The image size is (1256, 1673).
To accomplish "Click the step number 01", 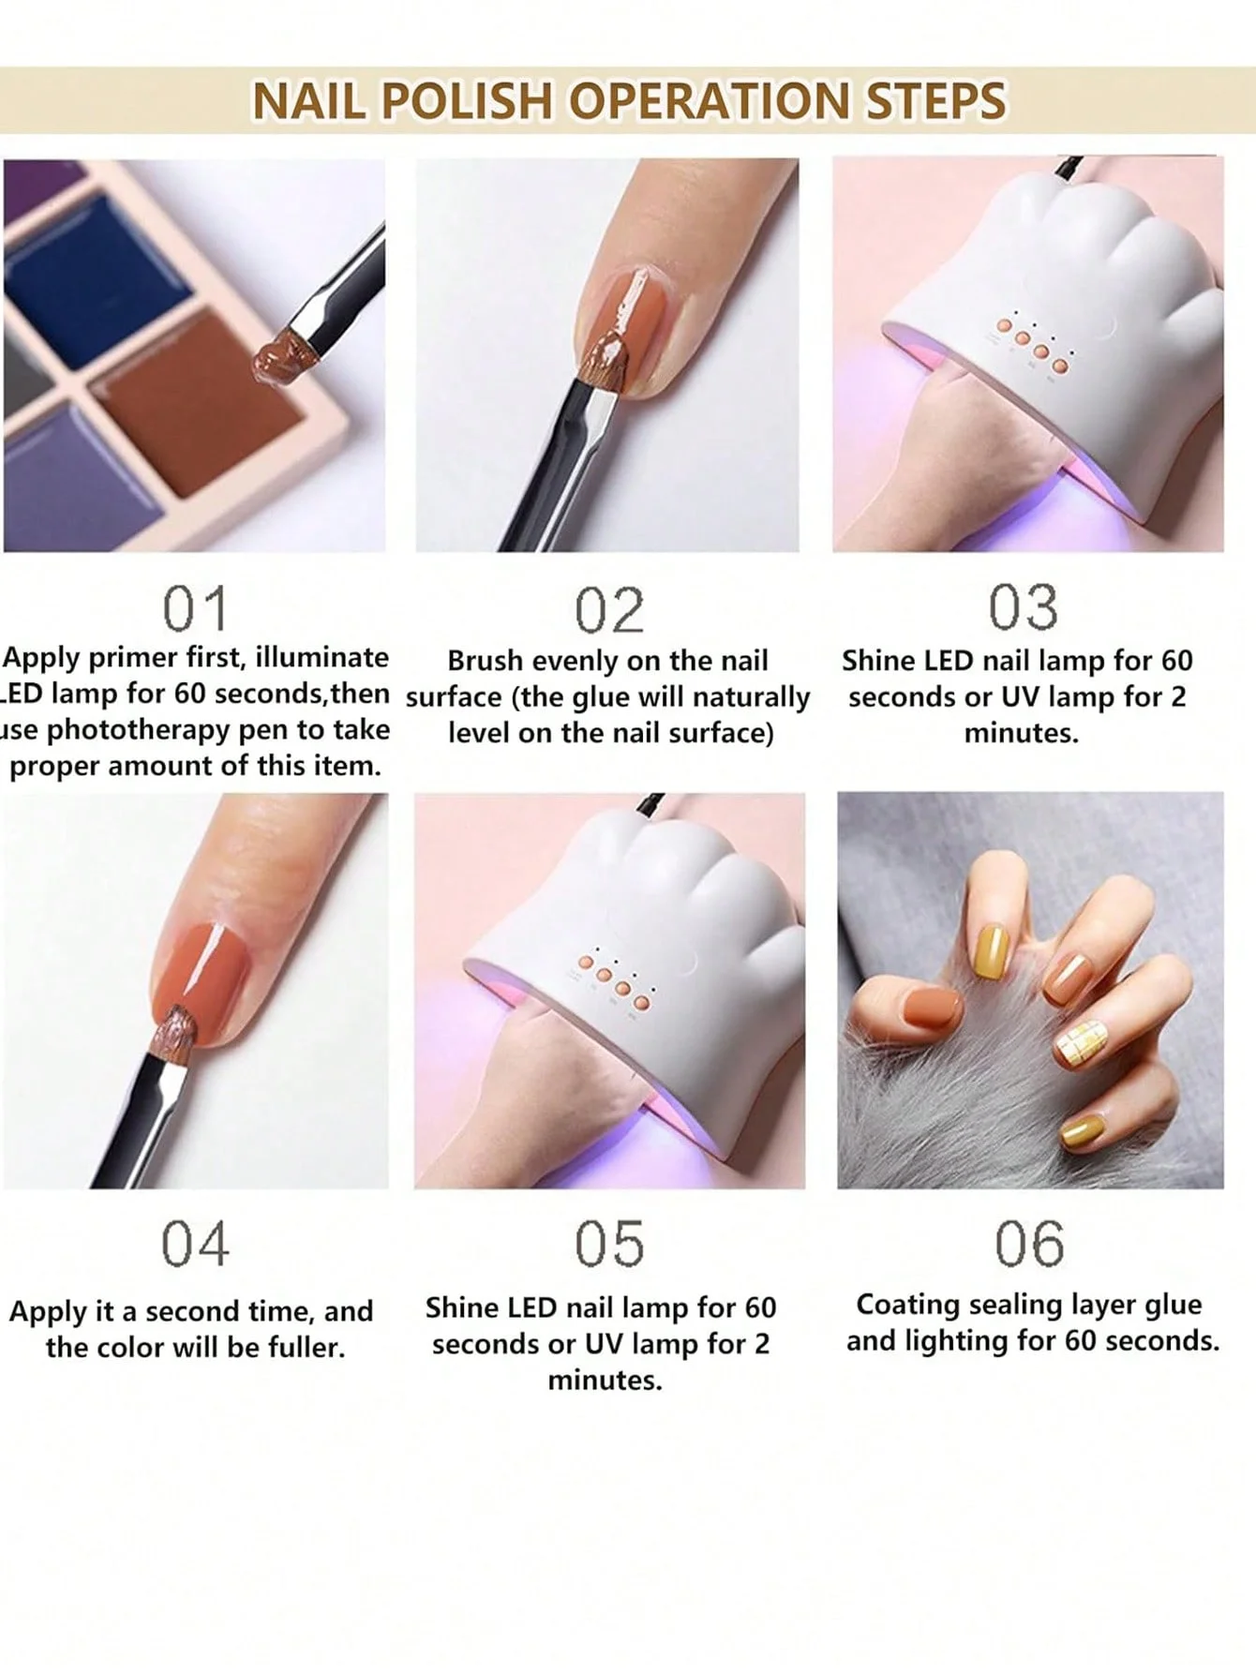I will (195, 609).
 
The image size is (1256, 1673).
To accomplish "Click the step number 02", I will (609, 611).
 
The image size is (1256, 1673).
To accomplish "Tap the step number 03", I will (1024, 607).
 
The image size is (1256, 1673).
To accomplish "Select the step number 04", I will (195, 1245).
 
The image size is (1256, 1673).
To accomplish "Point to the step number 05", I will (609, 1245).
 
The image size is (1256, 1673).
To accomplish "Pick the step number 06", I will (1029, 1245).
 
